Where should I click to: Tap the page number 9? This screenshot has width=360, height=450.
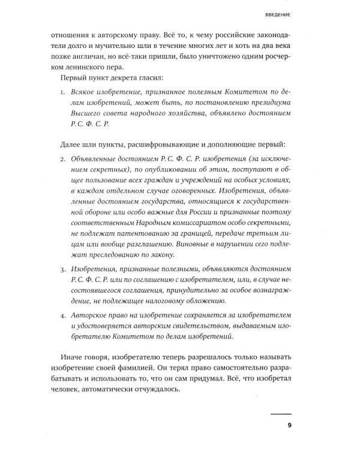[289, 425]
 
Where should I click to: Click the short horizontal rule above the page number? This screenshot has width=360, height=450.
[280, 414]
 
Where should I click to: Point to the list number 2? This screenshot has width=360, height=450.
[64, 158]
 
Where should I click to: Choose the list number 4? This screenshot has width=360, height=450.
[64, 314]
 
